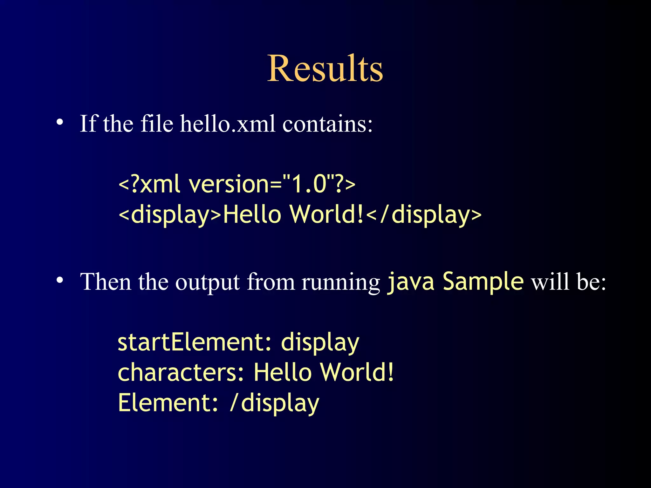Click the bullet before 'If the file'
click(x=60, y=122)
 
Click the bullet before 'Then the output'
click(x=60, y=280)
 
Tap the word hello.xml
click(x=228, y=124)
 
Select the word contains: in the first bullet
click(x=327, y=124)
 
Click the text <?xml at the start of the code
click(x=149, y=184)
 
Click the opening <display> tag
click(x=169, y=215)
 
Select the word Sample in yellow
click(x=483, y=281)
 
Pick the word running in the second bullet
click(x=340, y=283)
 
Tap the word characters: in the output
click(x=181, y=373)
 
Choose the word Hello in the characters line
click(x=283, y=372)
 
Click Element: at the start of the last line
click(x=168, y=403)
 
